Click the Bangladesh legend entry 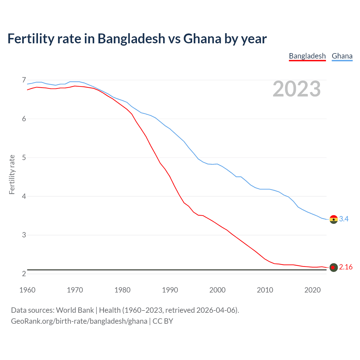[x=307, y=56]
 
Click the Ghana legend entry [x=342, y=56]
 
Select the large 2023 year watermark [x=296, y=89]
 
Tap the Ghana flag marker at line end [x=334, y=219]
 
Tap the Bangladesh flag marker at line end [x=334, y=267]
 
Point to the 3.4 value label [x=344, y=219]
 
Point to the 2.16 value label [x=346, y=267]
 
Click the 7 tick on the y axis [x=24, y=80]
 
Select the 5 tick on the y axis [x=24, y=157]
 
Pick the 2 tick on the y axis [x=24, y=274]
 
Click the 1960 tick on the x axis [x=27, y=290]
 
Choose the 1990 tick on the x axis [x=170, y=290]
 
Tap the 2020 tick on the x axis [x=312, y=290]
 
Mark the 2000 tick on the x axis [x=217, y=290]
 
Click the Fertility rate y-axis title [x=12, y=174]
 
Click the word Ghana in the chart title [x=202, y=39]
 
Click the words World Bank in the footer [x=75, y=310]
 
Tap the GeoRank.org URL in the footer [x=79, y=321]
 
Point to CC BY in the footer [x=163, y=321]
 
